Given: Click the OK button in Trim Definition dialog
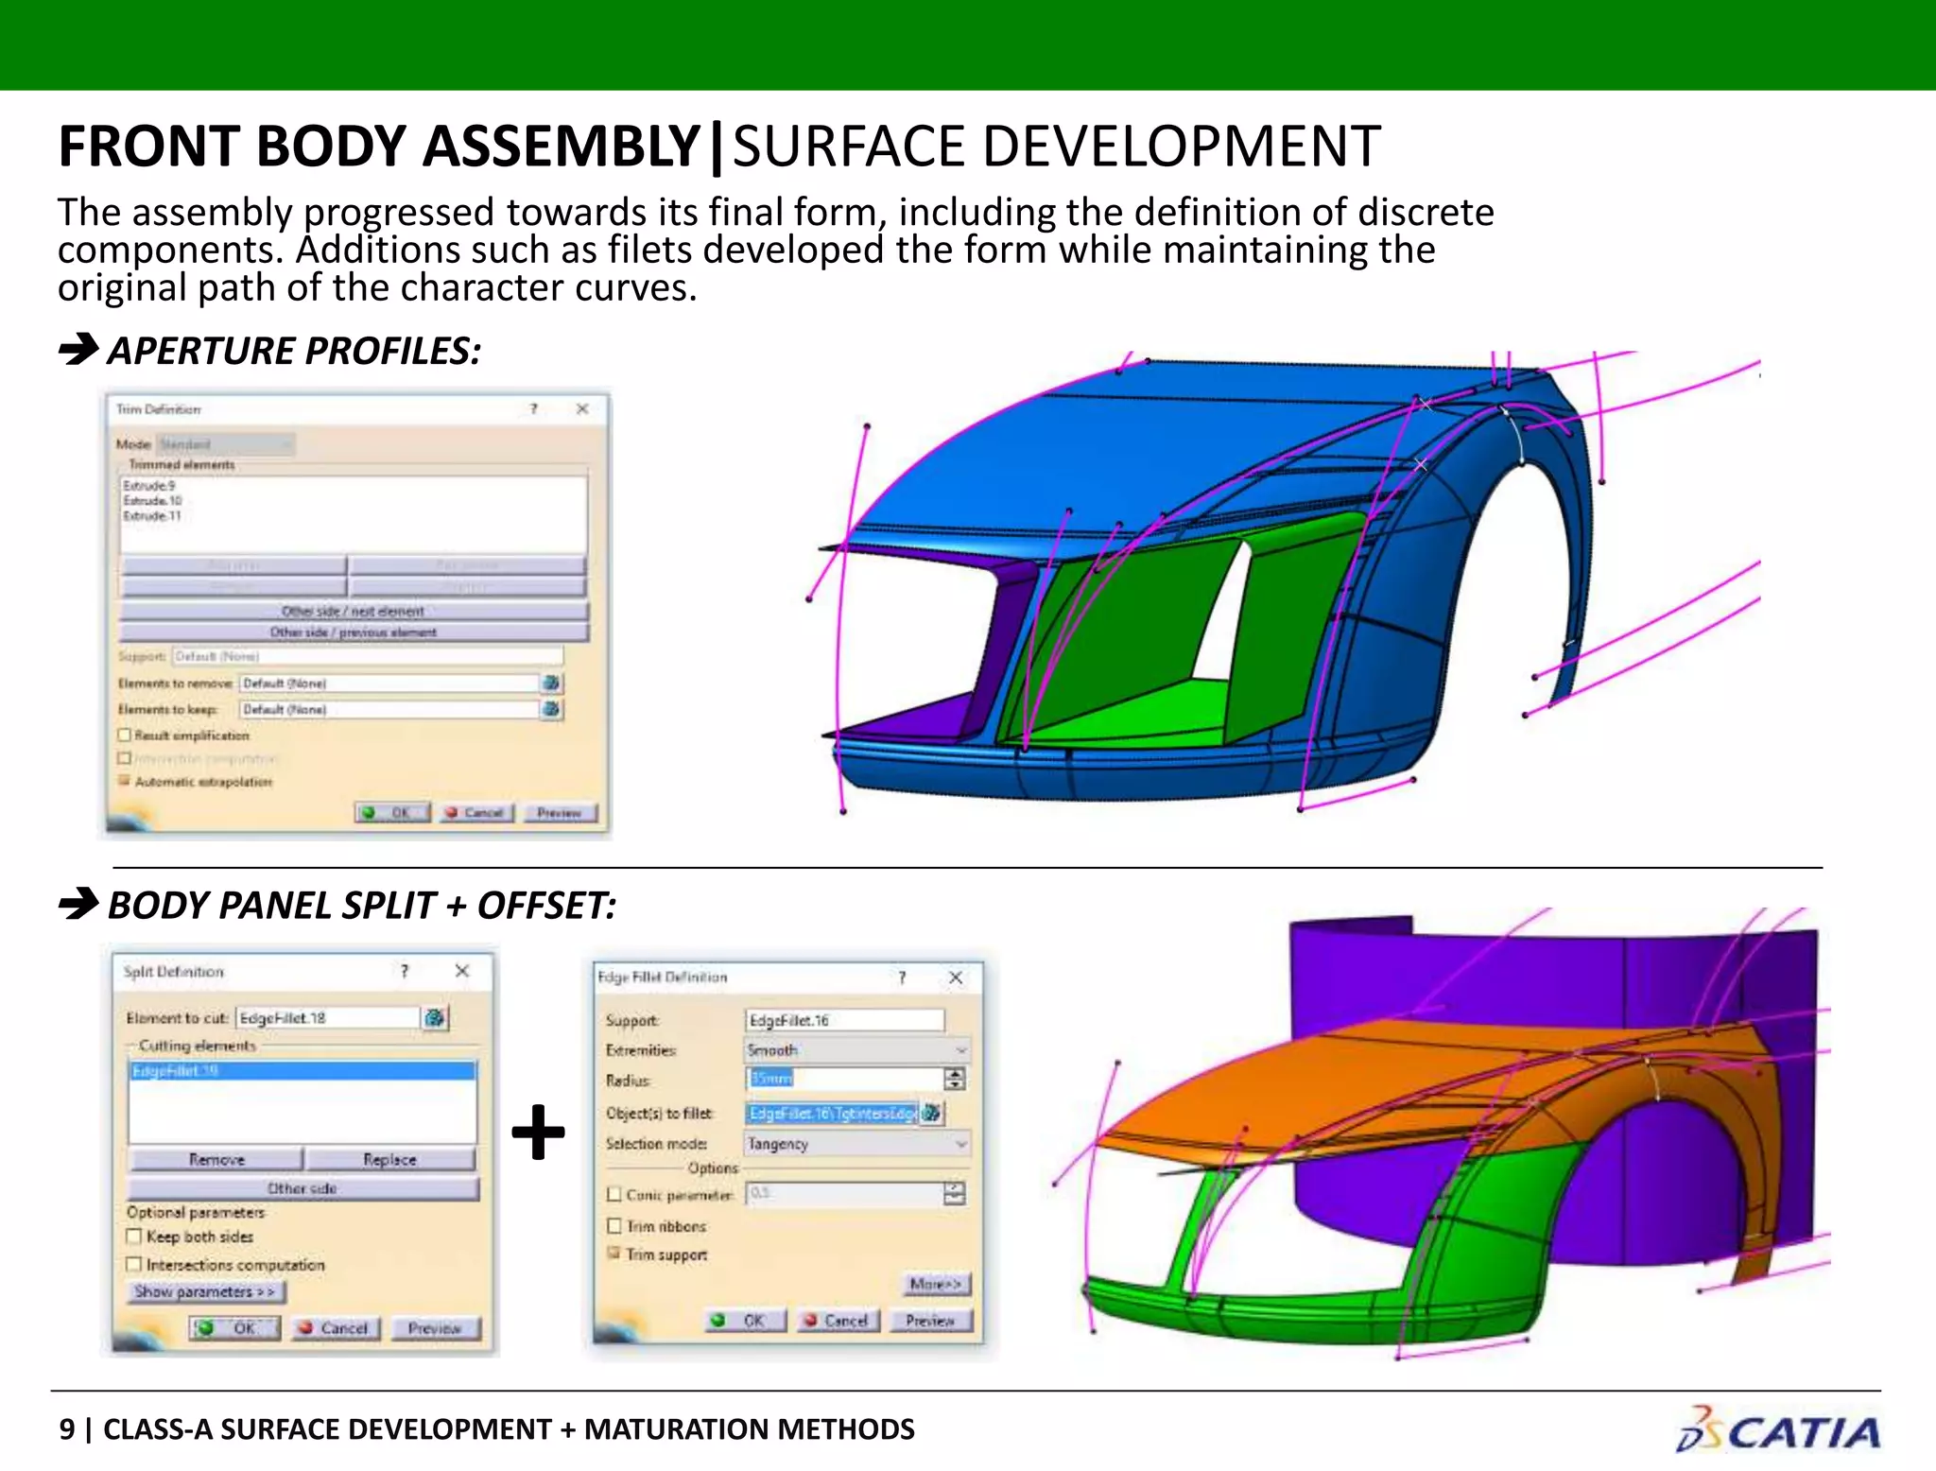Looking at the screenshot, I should [x=392, y=813].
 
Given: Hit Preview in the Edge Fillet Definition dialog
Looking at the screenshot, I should [x=930, y=1321].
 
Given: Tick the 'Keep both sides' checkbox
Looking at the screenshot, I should [x=134, y=1237].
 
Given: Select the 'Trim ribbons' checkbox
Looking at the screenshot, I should [x=614, y=1226].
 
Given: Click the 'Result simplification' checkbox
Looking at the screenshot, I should [x=125, y=735].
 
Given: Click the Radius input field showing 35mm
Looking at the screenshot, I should [x=844, y=1079].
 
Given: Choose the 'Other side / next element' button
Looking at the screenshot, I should [x=354, y=612].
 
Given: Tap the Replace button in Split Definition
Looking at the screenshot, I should [x=389, y=1160].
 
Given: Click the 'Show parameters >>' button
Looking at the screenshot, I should [x=205, y=1291].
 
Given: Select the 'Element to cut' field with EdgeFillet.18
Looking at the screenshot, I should [x=327, y=1018].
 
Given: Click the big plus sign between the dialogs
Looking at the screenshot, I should [x=538, y=1132].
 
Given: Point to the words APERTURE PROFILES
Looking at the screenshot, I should [x=294, y=352].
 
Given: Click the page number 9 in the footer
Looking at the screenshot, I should [x=67, y=1429].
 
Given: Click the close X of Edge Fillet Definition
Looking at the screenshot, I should [x=956, y=978].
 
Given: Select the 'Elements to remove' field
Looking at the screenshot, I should [x=389, y=683].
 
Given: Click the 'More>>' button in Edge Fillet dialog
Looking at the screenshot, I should [x=935, y=1284].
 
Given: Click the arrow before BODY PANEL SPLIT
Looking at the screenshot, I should [x=78, y=905].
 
